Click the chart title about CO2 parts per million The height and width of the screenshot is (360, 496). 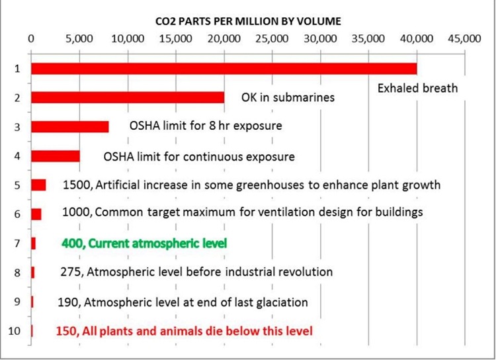(248, 21)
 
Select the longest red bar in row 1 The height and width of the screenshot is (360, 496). (224, 69)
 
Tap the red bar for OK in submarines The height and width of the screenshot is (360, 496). (128, 97)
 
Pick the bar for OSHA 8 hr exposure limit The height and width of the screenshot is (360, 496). (70, 126)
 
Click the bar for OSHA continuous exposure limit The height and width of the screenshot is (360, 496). (56, 156)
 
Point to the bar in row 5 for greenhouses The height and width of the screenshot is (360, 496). (38, 185)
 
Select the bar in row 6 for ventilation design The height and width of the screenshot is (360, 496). (36, 214)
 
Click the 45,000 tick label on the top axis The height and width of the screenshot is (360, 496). (464, 38)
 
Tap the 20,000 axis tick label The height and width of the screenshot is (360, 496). (224, 38)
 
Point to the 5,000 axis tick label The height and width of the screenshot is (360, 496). (79, 38)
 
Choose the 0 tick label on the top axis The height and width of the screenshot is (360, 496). (31, 38)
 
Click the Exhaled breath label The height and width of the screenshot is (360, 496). (417, 88)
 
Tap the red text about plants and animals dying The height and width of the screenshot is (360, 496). (184, 331)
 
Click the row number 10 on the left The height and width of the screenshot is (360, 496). (15, 331)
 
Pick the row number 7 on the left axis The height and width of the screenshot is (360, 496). (17, 244)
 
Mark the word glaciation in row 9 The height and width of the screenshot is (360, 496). (282, 302)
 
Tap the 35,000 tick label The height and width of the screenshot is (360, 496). (368, 38)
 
